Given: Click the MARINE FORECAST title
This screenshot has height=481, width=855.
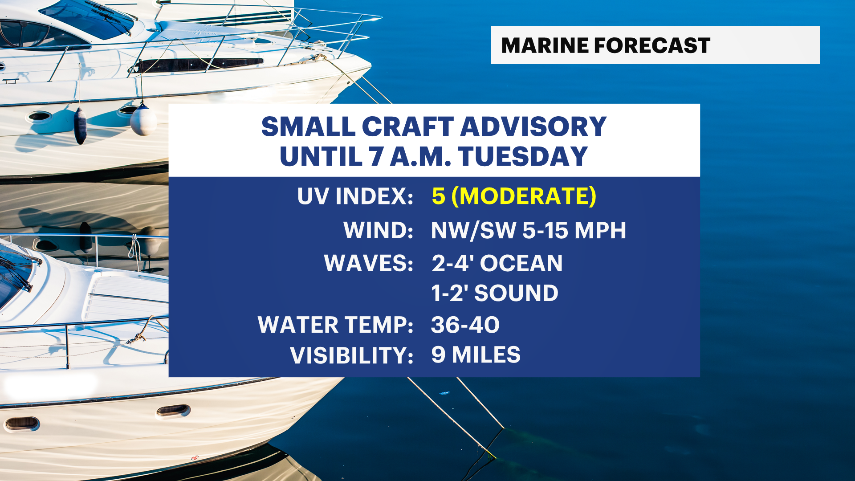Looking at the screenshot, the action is click(x=606, y=45).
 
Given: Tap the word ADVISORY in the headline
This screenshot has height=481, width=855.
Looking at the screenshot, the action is click(x=533, y=126).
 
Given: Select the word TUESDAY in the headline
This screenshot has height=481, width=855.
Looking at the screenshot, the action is click(x=522, y=156).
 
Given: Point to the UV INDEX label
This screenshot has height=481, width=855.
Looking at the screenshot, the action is click(x=355, y=196).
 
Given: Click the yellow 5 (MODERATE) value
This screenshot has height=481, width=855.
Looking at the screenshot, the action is click(x=514, y=196).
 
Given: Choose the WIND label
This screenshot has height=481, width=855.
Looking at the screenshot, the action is click(x=379, y=230).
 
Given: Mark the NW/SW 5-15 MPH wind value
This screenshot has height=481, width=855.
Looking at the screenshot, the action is click(x=529, y=230).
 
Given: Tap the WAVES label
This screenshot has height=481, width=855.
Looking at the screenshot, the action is click(x=369, y=263).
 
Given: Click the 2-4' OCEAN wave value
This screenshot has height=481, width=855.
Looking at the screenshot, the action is click(x=497, y=263).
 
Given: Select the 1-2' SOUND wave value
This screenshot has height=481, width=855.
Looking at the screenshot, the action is click(x=495, y=293).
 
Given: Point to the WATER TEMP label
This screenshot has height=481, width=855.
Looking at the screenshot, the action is click(x=336, y=325).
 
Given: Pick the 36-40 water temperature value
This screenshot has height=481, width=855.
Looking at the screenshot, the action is click(x=465, y=325).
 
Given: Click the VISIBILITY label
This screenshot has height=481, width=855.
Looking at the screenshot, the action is click(x=352, y=355).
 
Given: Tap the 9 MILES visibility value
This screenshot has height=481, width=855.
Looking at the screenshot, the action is click(x=476, y=355).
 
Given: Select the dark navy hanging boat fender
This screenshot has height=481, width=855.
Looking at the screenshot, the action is click(x=80, y=126).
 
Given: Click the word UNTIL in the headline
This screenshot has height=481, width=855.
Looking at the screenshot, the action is click(x=321, y=156).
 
